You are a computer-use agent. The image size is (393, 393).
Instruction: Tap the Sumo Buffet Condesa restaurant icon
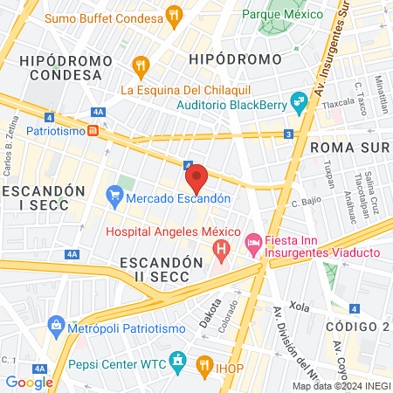175,14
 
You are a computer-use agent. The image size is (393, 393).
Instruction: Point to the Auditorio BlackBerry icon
300,104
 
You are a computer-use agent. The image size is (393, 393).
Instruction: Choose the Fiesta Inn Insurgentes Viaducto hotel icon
253,241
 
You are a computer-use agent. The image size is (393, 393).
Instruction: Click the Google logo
29,382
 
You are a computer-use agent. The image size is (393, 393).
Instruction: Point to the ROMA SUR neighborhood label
348,148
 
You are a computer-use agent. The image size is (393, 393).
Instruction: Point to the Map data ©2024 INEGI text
341,386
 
